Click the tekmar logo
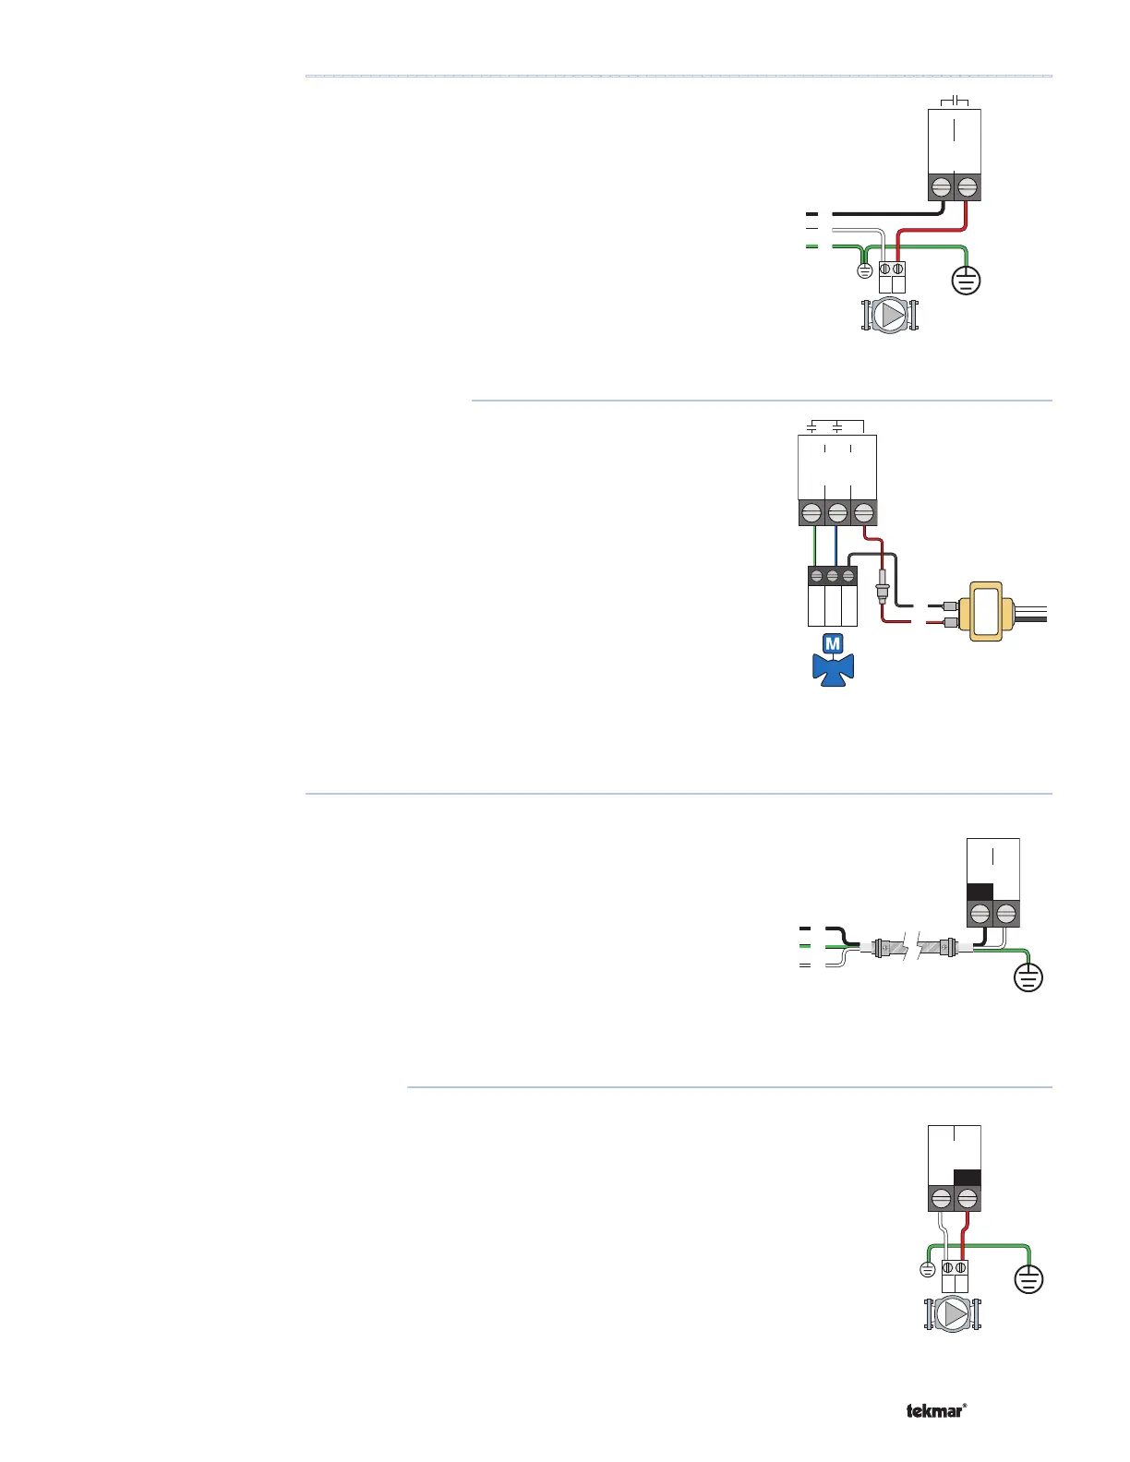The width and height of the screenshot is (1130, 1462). pyautogui.click(x=936, y=1410)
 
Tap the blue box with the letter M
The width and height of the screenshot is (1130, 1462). pyautogui.click(x=833, y=644)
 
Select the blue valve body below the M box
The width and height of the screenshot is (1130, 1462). pyautogui.click(x=833, y=668)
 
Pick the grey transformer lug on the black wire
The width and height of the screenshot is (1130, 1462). pyautogui.click(x=949, y=605)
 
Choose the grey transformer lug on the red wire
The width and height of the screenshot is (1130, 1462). pyautogui.click(x=949, y=624)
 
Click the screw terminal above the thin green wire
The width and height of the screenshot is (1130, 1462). pyautogui.click(x=811, y=512)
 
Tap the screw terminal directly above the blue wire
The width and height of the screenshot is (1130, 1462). pyautogui.click(x=837, y=512)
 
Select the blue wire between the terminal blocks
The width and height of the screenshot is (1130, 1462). pyautogui.click(x=836, y=545)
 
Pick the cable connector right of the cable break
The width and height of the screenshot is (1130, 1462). pyautogui.click(x=945, y=947)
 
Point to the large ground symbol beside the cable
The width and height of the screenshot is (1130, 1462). pyautogui.click(x=1028, y=977)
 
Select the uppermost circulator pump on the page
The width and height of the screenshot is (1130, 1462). pyautogui.click(x=891, y=316)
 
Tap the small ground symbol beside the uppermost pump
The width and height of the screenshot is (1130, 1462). pyautogui.click(x=865, y=271)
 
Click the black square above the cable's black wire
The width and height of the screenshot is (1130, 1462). pyautogui.click(x=980, y=892)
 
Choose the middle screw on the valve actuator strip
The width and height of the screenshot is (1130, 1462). pyautogui.click(x=833, y=577)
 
